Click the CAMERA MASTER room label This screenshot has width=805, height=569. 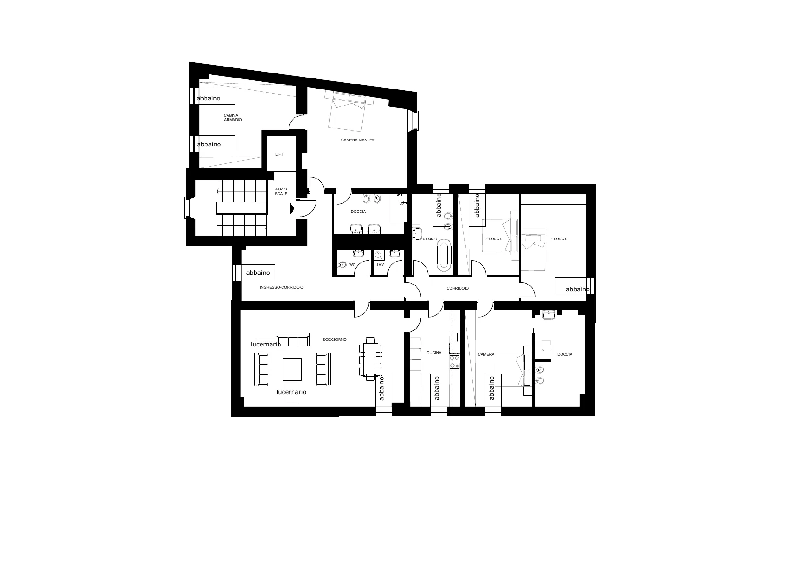tap(358, 140)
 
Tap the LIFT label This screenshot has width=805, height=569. tap(279, 154)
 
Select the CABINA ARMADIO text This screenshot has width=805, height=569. tap(233, 117)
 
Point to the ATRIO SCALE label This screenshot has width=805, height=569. tap(281, 191)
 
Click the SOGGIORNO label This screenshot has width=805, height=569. tap(334, 340)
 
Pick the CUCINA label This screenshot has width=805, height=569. tap(434, 353)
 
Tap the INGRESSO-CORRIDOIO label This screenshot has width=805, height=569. tap(281, 287)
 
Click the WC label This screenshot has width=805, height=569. tap(352, 265)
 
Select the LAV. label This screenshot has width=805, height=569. tap(380, 265)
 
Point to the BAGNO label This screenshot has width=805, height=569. tap(430, 239)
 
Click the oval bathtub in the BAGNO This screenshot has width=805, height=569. tap(444, 253)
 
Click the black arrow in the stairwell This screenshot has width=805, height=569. tap(292, 209)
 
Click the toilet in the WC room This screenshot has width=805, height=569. tap(342, 265)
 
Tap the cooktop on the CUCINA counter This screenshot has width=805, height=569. tap(455, 362)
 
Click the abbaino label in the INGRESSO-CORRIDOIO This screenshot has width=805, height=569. tap(258, 273)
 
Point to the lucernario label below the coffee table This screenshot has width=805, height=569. tap(291, 392)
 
